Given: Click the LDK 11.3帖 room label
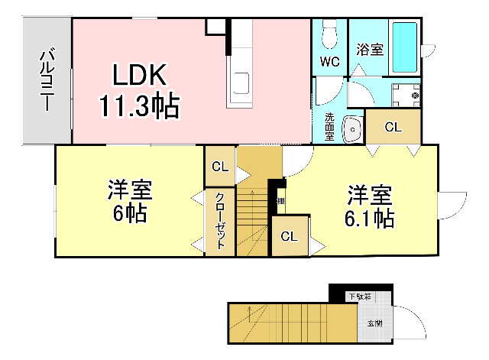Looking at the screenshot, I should pos(139,91).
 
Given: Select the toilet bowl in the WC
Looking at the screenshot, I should pos(330,33).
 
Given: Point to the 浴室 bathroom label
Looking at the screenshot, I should pos(370,49).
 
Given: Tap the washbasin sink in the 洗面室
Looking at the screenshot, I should pos(352,129).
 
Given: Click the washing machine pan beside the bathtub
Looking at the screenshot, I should pos(406,96).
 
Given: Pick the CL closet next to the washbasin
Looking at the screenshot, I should pos(392,127).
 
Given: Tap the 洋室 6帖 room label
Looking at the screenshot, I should pos(129,201).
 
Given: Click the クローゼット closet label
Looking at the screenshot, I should pos(219,222).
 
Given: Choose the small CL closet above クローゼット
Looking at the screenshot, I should pos(219,166).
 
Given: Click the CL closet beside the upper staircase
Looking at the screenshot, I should pos(289,236).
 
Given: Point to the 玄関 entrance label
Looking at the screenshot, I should pos(375,323).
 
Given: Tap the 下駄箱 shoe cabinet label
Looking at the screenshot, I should pos(361,297).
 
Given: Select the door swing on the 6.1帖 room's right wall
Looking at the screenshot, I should pos(454,205).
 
